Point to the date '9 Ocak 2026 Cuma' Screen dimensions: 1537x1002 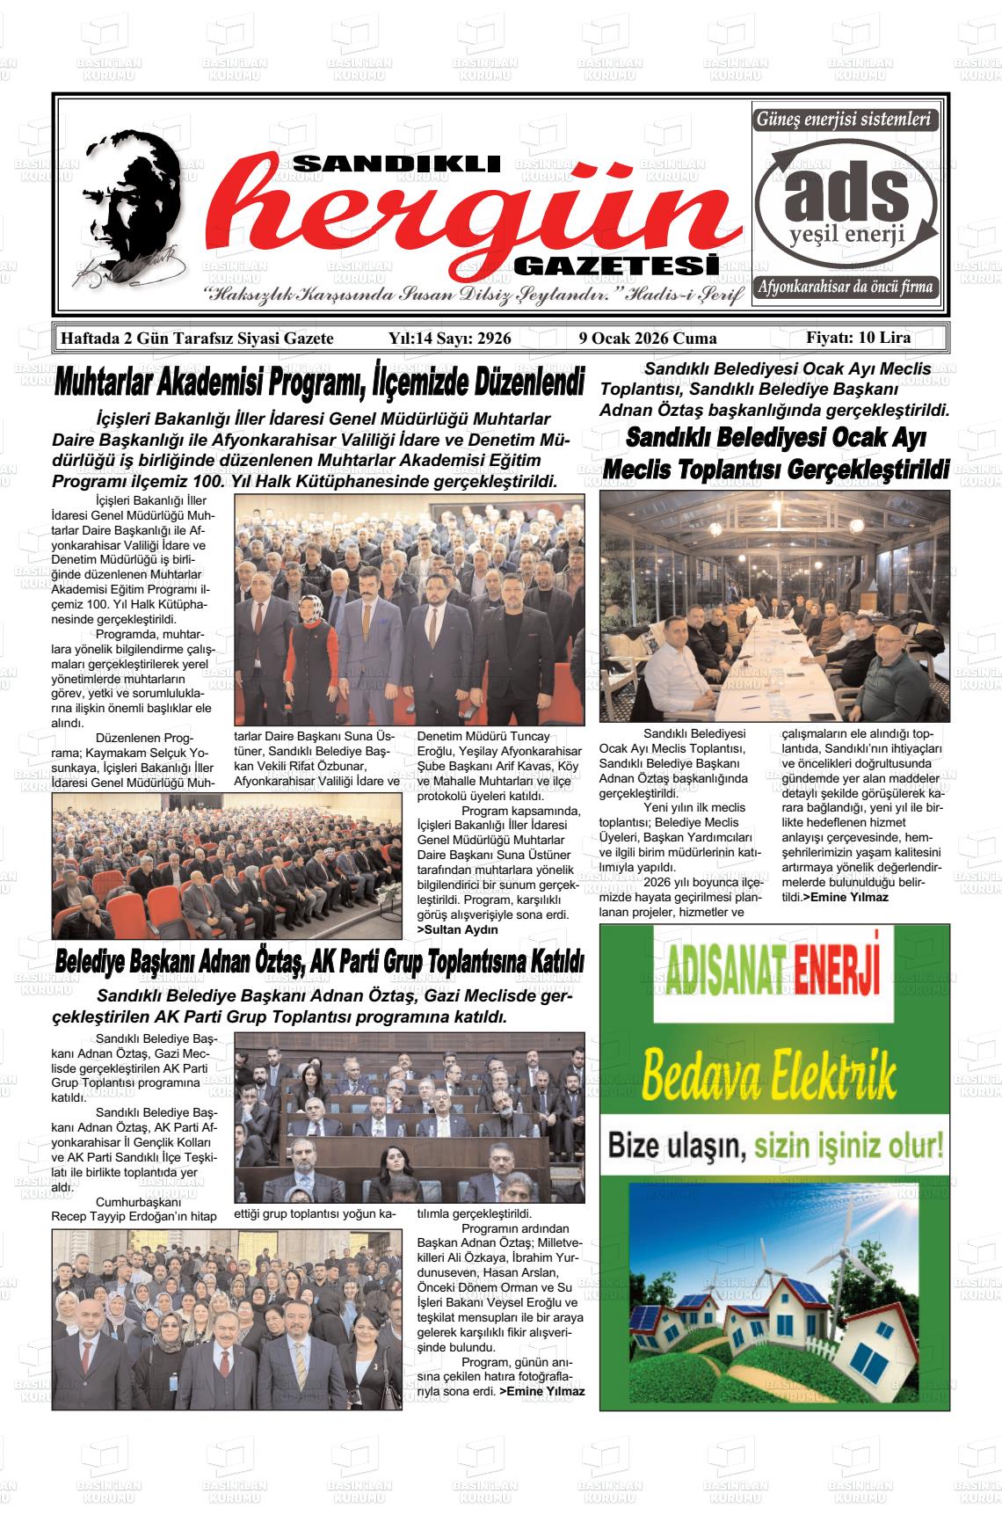648,339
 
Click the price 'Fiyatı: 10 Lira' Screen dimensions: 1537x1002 858,338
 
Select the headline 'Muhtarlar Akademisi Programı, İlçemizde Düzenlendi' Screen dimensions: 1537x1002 319,384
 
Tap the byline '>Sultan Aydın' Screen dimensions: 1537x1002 457,929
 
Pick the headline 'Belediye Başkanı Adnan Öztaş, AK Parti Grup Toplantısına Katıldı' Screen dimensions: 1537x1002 319,963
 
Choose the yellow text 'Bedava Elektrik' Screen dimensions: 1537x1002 770,1075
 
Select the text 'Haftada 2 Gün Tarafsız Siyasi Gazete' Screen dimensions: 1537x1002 196,339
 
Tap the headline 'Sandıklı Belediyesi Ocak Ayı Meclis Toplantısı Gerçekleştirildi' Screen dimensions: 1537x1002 775,454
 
